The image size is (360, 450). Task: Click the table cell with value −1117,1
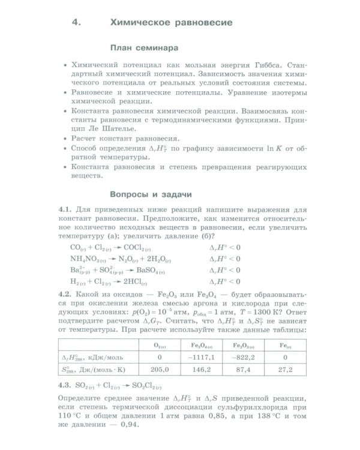coord(203,357)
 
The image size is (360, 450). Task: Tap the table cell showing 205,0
coord(160,370)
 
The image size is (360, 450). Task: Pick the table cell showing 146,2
coord(203,370)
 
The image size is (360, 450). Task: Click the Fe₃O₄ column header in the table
coord(203,344)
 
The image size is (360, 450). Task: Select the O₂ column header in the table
coord(160,344)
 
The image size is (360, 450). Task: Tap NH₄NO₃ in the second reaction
coord(89,259)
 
